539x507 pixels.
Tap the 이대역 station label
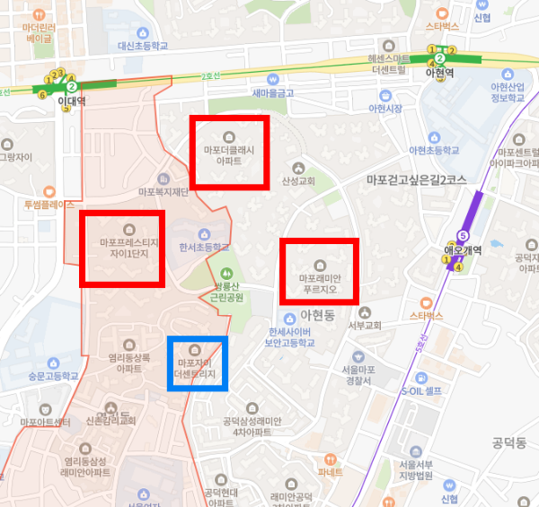click(x=71, y=101)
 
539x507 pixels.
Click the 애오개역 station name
click(x=465, y=249)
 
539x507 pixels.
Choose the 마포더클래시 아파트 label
click(x=229, y=156)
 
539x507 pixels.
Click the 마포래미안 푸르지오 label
click(x=320, y=284)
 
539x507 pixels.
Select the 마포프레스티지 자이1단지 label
click(x=123, y=248)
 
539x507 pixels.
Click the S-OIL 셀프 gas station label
click(x=421, y=391)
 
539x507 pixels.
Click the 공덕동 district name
click(x=508, y=442)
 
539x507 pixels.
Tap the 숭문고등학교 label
click(x=52, y=376)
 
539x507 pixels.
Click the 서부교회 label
click(x=367, y=325)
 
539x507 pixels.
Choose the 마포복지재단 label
click(x=163, y=191)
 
